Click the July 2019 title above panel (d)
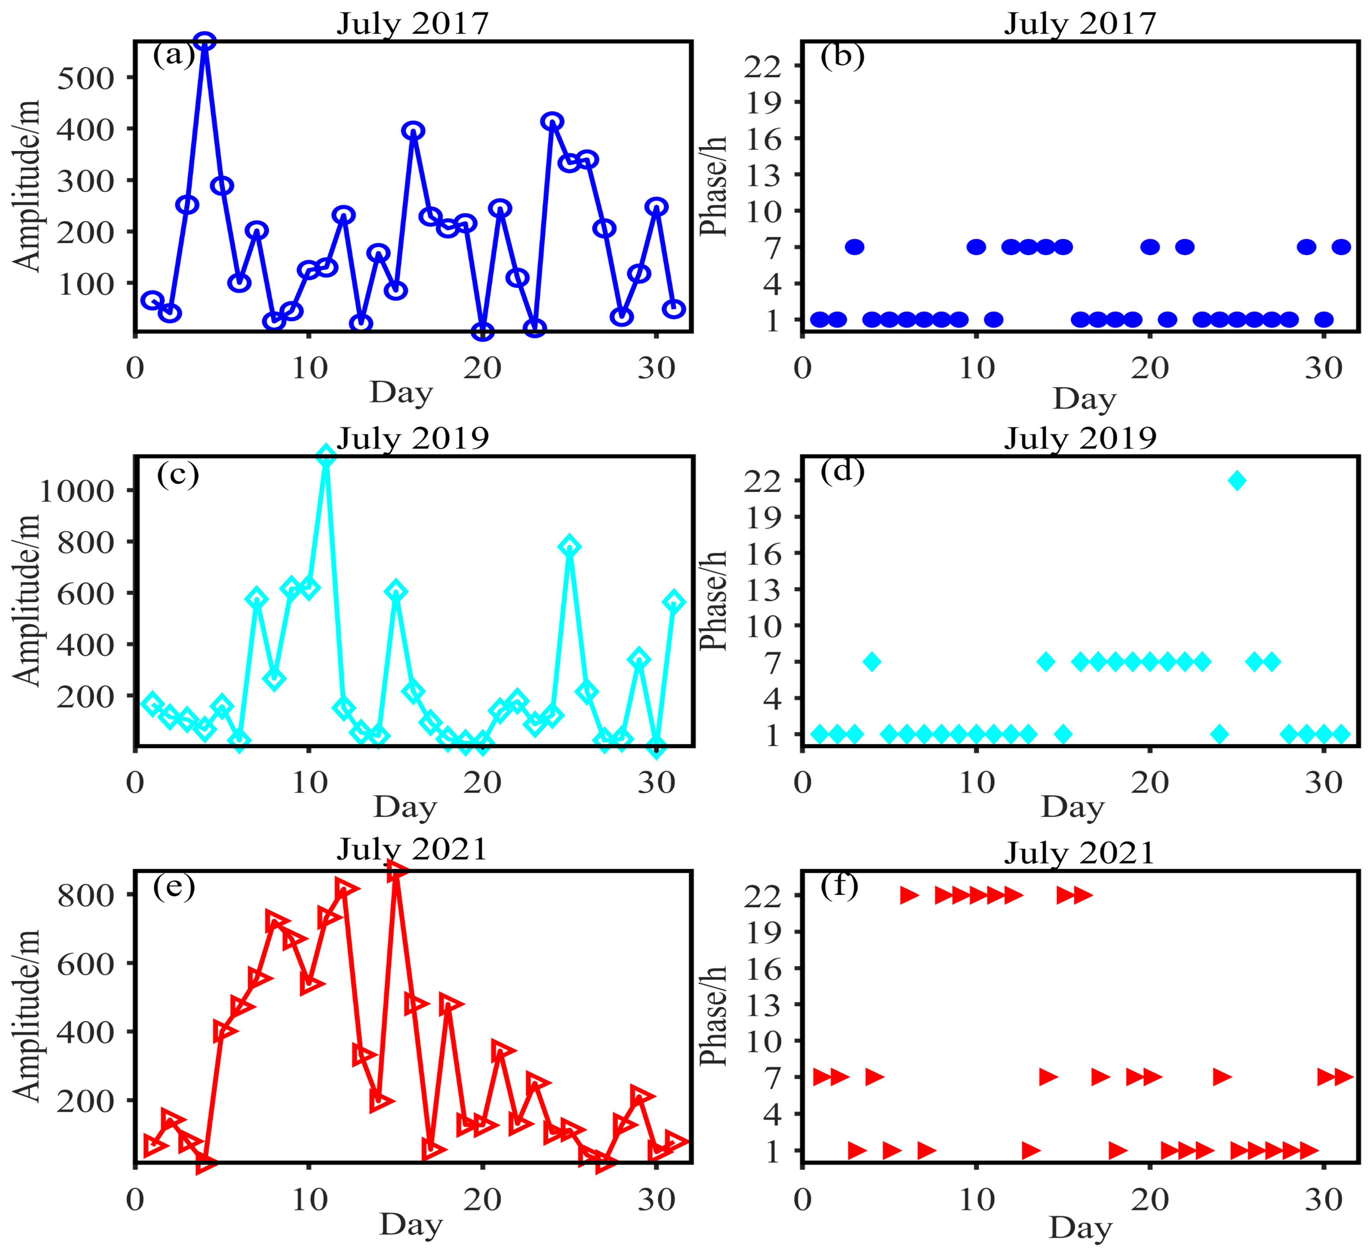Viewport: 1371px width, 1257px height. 1080,438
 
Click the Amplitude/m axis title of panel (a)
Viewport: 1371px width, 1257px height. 27,186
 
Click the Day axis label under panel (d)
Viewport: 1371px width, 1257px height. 1072,807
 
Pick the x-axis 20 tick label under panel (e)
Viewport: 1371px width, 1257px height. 482,1200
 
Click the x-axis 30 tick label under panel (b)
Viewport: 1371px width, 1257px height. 1323,369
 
